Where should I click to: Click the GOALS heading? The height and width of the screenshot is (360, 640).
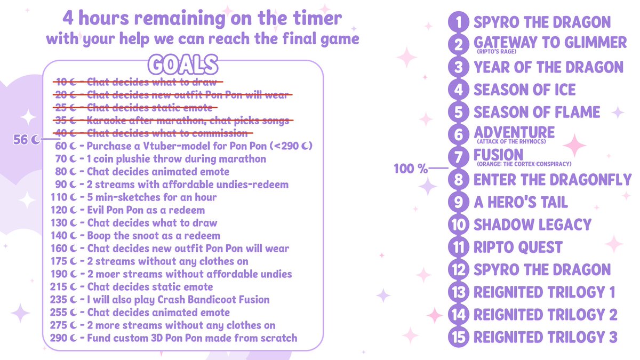[x=182, y=65]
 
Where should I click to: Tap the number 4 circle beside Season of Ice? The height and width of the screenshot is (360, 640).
[x=458, y=89]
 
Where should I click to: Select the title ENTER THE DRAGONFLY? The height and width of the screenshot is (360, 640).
[x=552, y=180]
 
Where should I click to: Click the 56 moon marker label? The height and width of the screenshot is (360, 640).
[x=26, y=140]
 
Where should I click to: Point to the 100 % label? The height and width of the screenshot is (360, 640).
[x=411, y=169]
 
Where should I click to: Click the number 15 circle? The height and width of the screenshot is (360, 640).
[x=458, y=338]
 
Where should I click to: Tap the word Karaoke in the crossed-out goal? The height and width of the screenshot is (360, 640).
[x=106, y=121]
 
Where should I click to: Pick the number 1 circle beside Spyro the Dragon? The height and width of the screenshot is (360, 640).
[x=458, y=22]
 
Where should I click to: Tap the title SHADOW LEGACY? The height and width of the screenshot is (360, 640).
[x=532, y=225]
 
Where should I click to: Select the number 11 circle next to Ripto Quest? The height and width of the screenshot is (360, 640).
[x=458, y=247]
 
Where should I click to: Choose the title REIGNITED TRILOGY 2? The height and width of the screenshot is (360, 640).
[x=545, y=315]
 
